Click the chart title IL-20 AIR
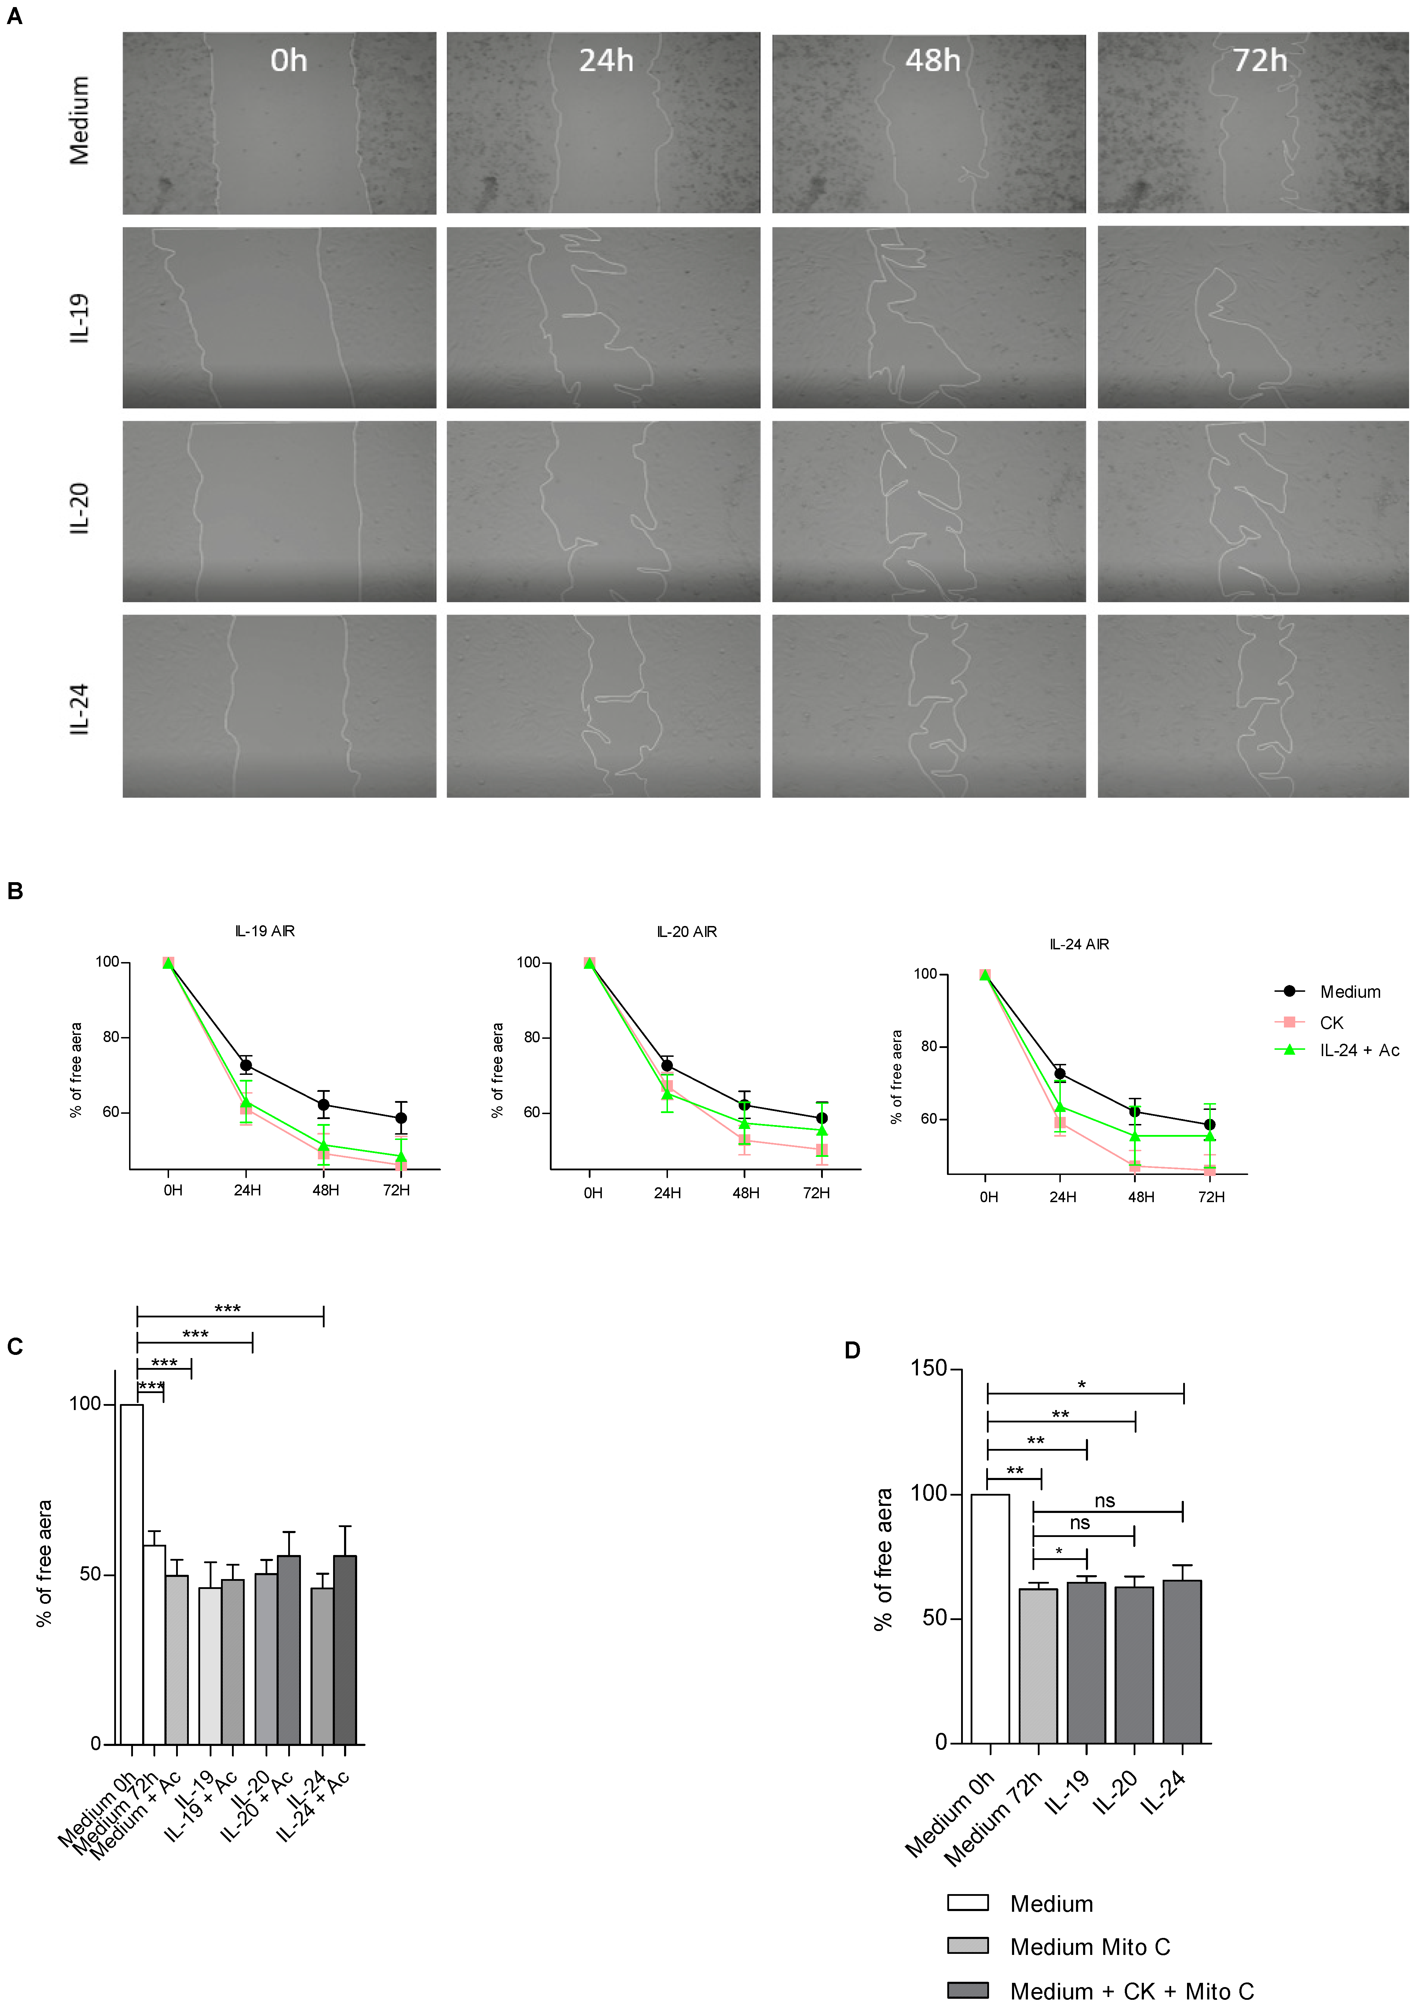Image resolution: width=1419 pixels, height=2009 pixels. pos(687,932)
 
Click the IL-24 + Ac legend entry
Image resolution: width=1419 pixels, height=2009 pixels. pos(1359,1050)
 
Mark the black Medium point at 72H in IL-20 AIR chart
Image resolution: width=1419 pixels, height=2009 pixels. pos(821,1118)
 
